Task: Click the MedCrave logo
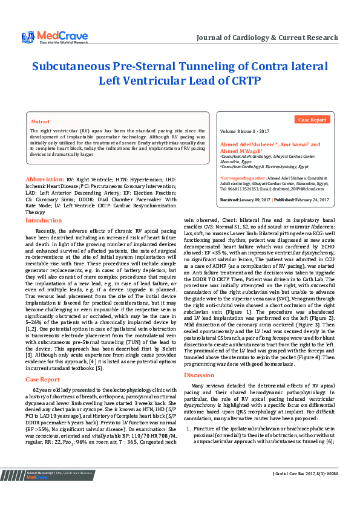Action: [45, 38]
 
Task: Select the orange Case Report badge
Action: [313, 120]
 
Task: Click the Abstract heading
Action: [40, 122]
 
